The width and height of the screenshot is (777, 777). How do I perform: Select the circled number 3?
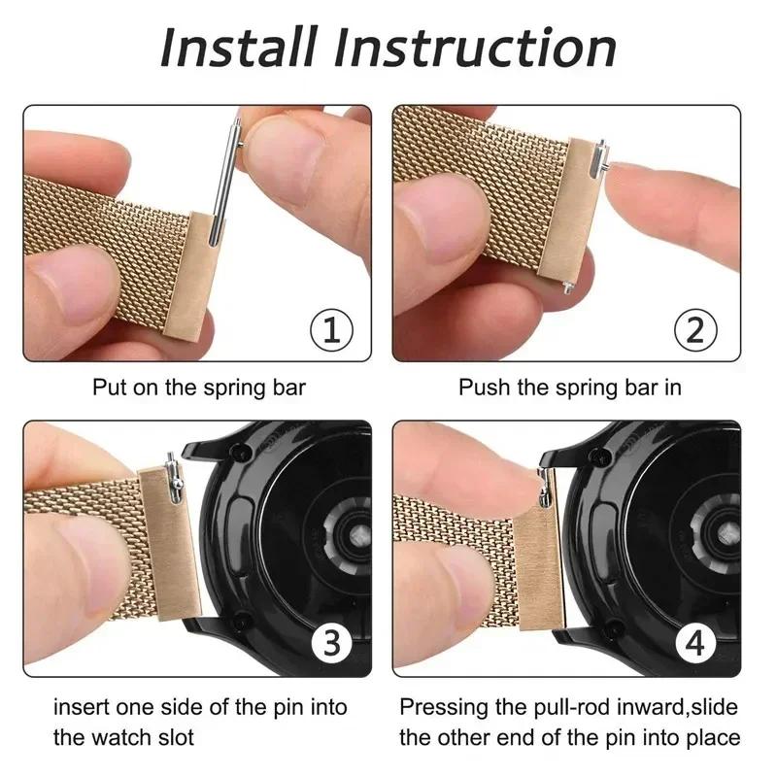point(330,644)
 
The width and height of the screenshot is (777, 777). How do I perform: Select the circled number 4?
point(696,644)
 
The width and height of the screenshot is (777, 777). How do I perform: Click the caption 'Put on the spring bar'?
point(199,388)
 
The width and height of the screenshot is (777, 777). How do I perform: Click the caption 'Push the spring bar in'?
point(569,388)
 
